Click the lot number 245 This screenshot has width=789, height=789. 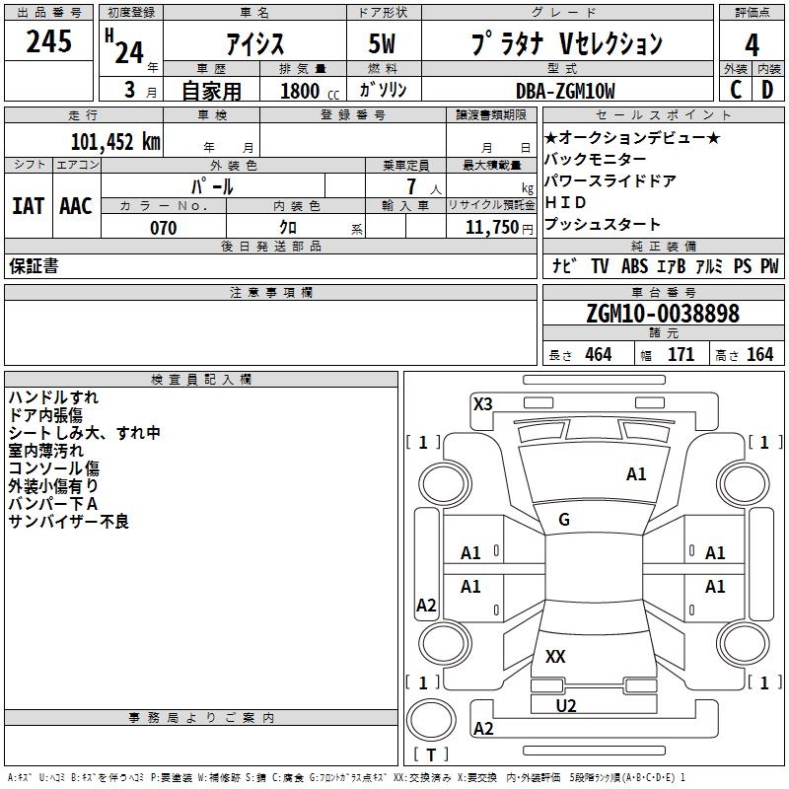pyautogui.click(x=48, y=42)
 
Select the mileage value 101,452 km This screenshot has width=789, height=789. pyautogui.click(x=115, y=141)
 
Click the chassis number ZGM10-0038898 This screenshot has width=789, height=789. pyautogui.click(x=662, y=314)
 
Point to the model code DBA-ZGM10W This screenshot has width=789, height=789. pyautogui.click(x=565, y=91)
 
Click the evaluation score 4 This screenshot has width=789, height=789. pyautogui.click(x=753, y=44)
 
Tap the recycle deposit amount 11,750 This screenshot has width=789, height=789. pyautogui.click(x=491, y=227)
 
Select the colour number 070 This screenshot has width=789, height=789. pyautogui.click(x=163, y=228)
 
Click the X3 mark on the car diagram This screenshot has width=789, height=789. pyautogui.click(x=482, y=403)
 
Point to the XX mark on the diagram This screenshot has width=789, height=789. pyautogui.click(x=555, y=656)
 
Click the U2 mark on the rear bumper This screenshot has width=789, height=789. pyautogui.click(x=566, y=705)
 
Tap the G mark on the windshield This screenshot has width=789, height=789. pyautogui.click(x=563, y=520)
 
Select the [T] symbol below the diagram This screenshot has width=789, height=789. pyautogui.click(x=430, y=754)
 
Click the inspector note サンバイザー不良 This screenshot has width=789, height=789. pyautogui.click(x=69, y=521)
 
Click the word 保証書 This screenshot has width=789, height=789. pyautogui.click(x=34, y=265)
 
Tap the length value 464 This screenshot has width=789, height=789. pyautogui.click(x=598, y=354)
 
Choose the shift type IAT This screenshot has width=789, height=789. pyautogui.click(x=28, y=205)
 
